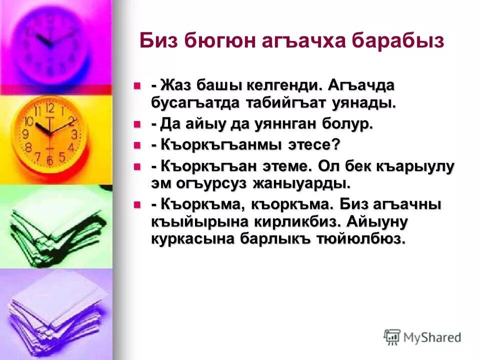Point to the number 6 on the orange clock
click(49, 160)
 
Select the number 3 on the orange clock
click(74, 134)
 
